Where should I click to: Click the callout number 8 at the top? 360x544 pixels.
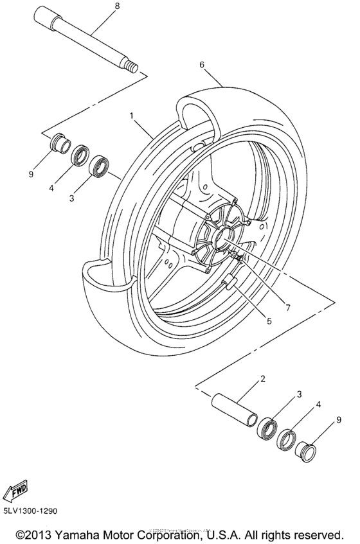coord(116,6)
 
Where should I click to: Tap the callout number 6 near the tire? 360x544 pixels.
coord(202,64)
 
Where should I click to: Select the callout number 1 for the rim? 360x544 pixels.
coord(131,117)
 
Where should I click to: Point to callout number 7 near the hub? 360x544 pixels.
coord(287,308)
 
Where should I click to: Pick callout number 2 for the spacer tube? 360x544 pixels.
coord(262,380)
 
